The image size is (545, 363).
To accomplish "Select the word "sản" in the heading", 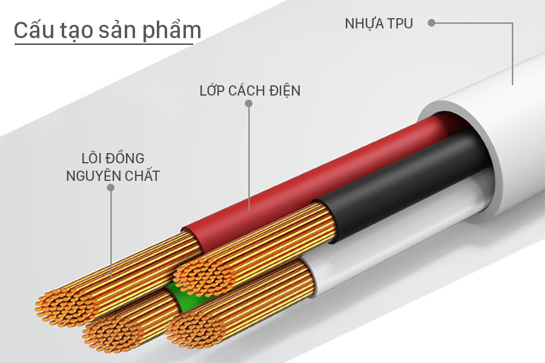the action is (118, 31).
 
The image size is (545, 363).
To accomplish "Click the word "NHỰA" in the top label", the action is (365, 24).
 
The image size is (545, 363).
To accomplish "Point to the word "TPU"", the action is (400, 24).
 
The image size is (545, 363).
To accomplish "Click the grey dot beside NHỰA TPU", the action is (431, 23).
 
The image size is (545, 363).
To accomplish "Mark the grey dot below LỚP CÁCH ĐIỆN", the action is (248, 103).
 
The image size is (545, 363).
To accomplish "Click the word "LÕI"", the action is (91, 159).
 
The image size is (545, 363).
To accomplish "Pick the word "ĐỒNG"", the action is (125, 158).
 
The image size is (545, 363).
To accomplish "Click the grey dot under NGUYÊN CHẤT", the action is (111, 188).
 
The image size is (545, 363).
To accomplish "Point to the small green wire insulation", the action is (180, 295).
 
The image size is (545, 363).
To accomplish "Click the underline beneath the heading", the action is (104, 44).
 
